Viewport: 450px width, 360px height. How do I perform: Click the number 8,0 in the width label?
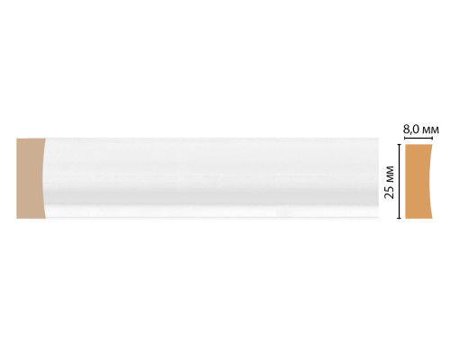coord(411,130)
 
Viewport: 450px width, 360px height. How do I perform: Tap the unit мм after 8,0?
coord(431,130)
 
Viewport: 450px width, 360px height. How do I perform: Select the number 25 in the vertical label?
coord(389,193)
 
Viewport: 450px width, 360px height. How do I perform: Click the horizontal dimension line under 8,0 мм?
coord(418,138)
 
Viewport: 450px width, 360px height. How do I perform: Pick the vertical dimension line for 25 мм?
coord(399,181)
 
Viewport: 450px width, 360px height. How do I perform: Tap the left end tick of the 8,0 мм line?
coord(405,138)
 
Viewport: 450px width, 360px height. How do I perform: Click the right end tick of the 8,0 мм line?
coord(432,138)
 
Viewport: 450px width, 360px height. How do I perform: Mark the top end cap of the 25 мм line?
coord(399,145)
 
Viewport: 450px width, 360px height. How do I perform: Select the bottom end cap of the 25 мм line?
coord(399,218)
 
